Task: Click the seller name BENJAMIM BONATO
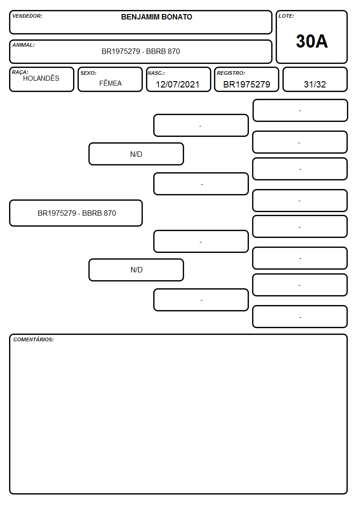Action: coord(156,17)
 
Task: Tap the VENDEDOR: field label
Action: coord(27,16)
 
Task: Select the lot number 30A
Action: coord(311,41)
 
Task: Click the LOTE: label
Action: coord(286,16)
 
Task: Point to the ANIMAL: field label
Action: coord(24,45)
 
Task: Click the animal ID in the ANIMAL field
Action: coord(141,51)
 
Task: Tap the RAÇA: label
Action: coord(20,72)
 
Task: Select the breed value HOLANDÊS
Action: coord(41,78)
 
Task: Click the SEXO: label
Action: coord(88,73)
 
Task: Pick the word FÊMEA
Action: coord(110,83)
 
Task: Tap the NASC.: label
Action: coord(156,73)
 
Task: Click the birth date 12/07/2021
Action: coord(178,84)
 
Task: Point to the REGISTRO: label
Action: coord(231,73)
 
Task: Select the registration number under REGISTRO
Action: coord(247,84)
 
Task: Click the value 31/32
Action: coord(315,84)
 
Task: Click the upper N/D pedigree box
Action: coord(136,154)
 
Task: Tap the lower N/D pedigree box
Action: coord(136,270)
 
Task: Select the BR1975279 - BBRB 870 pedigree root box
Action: coord(76,213)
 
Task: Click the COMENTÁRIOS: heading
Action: coord(34,339)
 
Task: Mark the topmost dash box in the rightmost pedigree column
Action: coord(300,111)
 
